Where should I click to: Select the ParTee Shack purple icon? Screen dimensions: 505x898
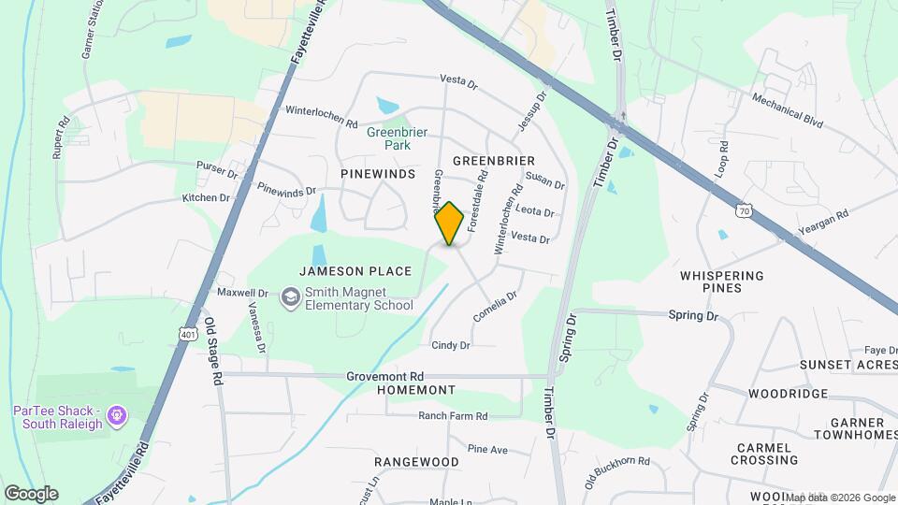[116, 413]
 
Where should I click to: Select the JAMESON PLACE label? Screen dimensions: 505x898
[355, 271]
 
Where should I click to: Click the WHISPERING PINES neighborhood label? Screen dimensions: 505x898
[722, 281]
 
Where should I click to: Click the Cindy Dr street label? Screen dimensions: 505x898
[450, 345]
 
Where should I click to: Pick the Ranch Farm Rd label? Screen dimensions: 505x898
[453, 415]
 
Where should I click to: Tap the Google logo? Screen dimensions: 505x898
[31, 493]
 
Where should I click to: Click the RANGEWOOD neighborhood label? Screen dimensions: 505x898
[416, 462]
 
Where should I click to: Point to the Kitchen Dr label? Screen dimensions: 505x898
[206, 197]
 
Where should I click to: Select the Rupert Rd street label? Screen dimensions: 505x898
[61, 137]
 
